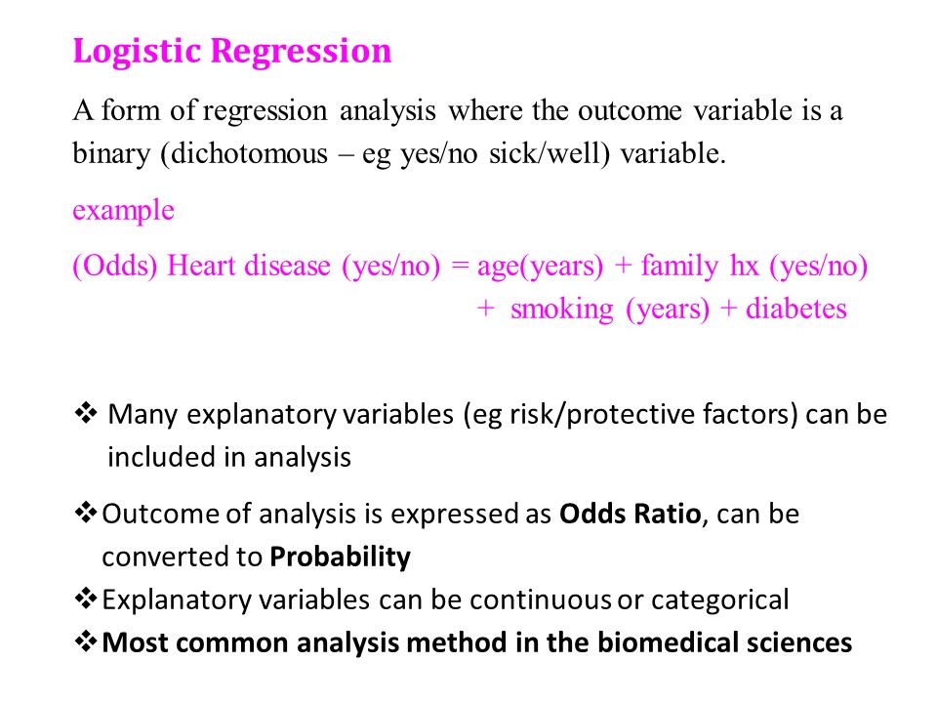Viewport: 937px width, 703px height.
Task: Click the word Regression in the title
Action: tap(302, 52)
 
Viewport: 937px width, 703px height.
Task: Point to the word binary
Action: tap(111, 154)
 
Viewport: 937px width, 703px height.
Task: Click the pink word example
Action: tap(124, 211)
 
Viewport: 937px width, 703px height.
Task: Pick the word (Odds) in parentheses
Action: tap(115, 266)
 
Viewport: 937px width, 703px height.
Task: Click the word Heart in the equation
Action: tap(201, 266)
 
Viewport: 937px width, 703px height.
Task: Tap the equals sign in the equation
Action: tap(460, 266)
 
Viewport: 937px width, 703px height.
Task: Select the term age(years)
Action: tap(540, 267)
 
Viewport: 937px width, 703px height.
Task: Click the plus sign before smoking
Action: tap(486, 310)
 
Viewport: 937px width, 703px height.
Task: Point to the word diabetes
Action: tap(796, 310)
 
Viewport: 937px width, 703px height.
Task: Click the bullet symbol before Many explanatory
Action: tap(86, 413)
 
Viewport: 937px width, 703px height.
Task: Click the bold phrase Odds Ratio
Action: tap(630, 514)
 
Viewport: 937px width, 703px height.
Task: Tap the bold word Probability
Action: tap(340, 558)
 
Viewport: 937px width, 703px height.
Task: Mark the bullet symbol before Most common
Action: tap(86, 641)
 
